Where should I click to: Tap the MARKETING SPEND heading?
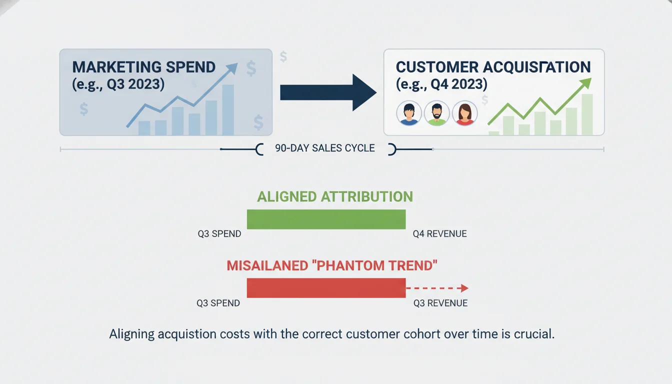(144, 67)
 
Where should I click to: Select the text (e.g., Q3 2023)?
(118, 83)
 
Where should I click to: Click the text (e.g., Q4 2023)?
(441, 83)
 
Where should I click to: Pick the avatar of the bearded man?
(436, 113)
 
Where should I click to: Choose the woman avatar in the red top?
(464, 113)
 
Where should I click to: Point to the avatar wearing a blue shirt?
(409, 113)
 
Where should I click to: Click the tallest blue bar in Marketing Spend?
(228, 110)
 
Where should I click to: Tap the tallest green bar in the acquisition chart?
(587, 114)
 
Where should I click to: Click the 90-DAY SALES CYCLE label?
(325, 148)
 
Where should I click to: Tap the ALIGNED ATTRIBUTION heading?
(335, 196)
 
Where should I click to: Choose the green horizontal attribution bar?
(326, 219)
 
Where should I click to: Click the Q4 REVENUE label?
(440, 234)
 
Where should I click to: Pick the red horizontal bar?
(326, 288)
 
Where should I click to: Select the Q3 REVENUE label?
(440, 303)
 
